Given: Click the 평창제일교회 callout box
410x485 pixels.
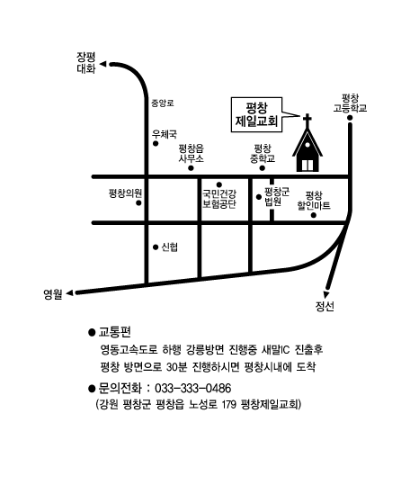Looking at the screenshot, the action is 257,115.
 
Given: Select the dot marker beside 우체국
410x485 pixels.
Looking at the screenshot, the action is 156,144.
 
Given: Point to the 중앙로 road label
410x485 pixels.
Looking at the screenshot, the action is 163,103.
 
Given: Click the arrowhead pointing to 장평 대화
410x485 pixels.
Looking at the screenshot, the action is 103,65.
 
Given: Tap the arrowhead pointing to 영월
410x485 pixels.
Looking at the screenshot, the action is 70,292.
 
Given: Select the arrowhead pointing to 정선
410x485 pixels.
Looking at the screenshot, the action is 326,294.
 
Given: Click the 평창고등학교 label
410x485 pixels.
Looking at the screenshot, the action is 350,103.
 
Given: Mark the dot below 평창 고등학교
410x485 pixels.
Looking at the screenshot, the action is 350,118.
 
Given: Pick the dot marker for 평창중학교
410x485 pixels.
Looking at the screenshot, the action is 263,168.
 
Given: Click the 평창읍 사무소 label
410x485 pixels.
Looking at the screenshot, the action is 192,154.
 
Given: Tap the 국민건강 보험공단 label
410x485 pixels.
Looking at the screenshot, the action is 219,199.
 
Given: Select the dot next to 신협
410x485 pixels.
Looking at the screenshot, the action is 156,247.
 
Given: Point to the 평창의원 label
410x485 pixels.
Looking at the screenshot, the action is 126,193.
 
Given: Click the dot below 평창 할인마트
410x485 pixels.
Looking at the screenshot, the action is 314,215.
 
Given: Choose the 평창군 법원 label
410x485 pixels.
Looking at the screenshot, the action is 277,197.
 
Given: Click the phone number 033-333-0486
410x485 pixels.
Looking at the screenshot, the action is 192,388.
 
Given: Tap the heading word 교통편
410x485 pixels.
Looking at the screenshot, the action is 114,332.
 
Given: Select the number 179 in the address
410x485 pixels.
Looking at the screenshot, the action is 229,404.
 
